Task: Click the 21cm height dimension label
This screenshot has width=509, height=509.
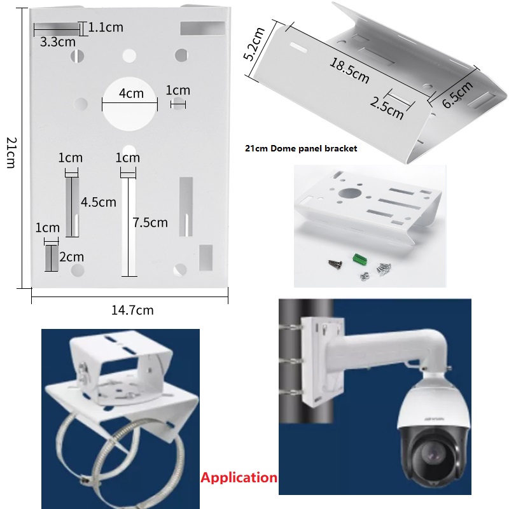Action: [11, 153]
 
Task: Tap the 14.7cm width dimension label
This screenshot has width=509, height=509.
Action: [132, 310]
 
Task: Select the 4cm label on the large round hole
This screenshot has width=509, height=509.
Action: [131, 94]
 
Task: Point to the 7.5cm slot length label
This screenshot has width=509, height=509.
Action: [150, 222]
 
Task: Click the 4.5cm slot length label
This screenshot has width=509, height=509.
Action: [99, 202]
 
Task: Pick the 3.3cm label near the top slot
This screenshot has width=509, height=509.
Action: [58, 41]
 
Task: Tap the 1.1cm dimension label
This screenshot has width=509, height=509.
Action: [106, 27]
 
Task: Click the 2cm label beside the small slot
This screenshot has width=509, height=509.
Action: [71, 257]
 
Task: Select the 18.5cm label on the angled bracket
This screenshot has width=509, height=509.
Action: [349, 71]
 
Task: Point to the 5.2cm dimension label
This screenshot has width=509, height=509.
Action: [254, 44]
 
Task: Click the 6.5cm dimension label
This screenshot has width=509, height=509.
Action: [457, 94]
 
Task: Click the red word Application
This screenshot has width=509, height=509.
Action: [239, 478]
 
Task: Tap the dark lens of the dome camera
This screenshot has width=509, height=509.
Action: [433, 456]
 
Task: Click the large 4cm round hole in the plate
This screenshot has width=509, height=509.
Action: [130, 104]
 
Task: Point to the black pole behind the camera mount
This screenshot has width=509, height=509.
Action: [306, 361]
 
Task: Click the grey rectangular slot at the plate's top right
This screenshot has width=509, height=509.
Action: [202, 28]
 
